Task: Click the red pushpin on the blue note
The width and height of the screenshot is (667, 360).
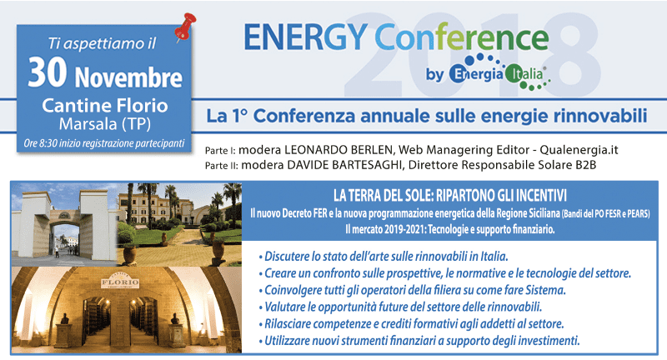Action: click(185, 27)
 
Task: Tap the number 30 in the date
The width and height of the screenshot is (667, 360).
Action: click(48, 72)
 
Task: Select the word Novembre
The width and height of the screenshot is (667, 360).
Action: click(128, 77)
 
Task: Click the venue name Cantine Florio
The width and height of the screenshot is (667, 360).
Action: click(105, 105)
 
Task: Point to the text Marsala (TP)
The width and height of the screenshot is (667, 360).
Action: click(105, 123)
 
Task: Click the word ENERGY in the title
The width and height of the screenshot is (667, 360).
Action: click(305, 37)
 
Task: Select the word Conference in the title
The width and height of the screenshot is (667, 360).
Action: click(462, 37)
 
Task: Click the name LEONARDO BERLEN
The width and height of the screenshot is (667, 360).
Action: click(339, 150)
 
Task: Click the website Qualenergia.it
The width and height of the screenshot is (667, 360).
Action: click(579, 150)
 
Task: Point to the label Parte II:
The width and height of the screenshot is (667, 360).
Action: click(221, 165)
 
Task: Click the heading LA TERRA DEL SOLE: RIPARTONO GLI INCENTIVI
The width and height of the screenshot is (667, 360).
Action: click(449, 196)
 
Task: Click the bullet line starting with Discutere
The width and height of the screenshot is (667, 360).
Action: click(384, 257)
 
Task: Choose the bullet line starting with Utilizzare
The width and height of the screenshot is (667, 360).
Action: click(419, 341)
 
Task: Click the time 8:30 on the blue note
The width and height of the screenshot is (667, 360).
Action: click(48, 143)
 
